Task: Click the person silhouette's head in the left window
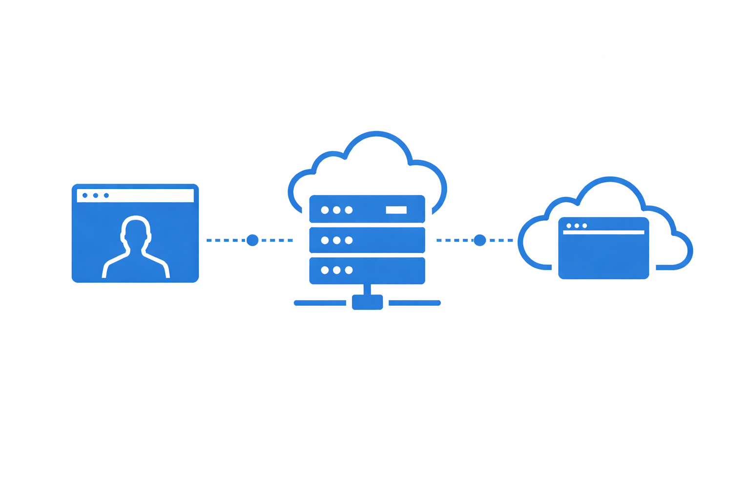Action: (x=136, y=228)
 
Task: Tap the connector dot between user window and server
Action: (x=252, y=240)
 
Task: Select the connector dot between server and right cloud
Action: (x=480, y=240)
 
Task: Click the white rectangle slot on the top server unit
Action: (x=396, y=210)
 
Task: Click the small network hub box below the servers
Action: (x=367, y=302)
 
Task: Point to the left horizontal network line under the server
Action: (x=320, y=303)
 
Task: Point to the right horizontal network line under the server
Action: (x=415, y=303)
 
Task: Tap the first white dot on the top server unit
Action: (x=325, y=210)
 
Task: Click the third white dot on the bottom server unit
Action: (x=349, y=270)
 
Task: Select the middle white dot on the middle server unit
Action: (x=336, y=240)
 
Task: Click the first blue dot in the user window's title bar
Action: (x=85, y=195)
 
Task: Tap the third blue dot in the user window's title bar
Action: (x=106, y=195)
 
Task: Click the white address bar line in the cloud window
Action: (x=604, y=232)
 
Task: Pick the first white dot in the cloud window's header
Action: (x=569, y=226)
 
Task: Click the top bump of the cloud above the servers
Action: (x=376, y=134)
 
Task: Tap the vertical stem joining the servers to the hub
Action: (x=367, y=289)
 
